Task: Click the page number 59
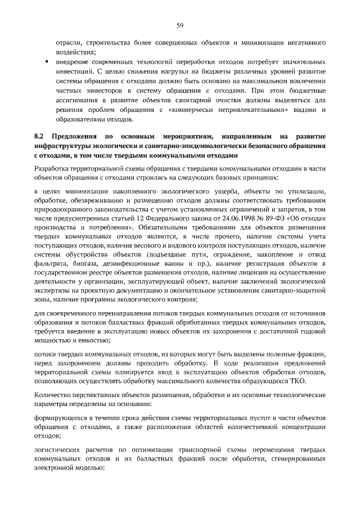click(180, 25)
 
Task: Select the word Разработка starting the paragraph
click(53, 168)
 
